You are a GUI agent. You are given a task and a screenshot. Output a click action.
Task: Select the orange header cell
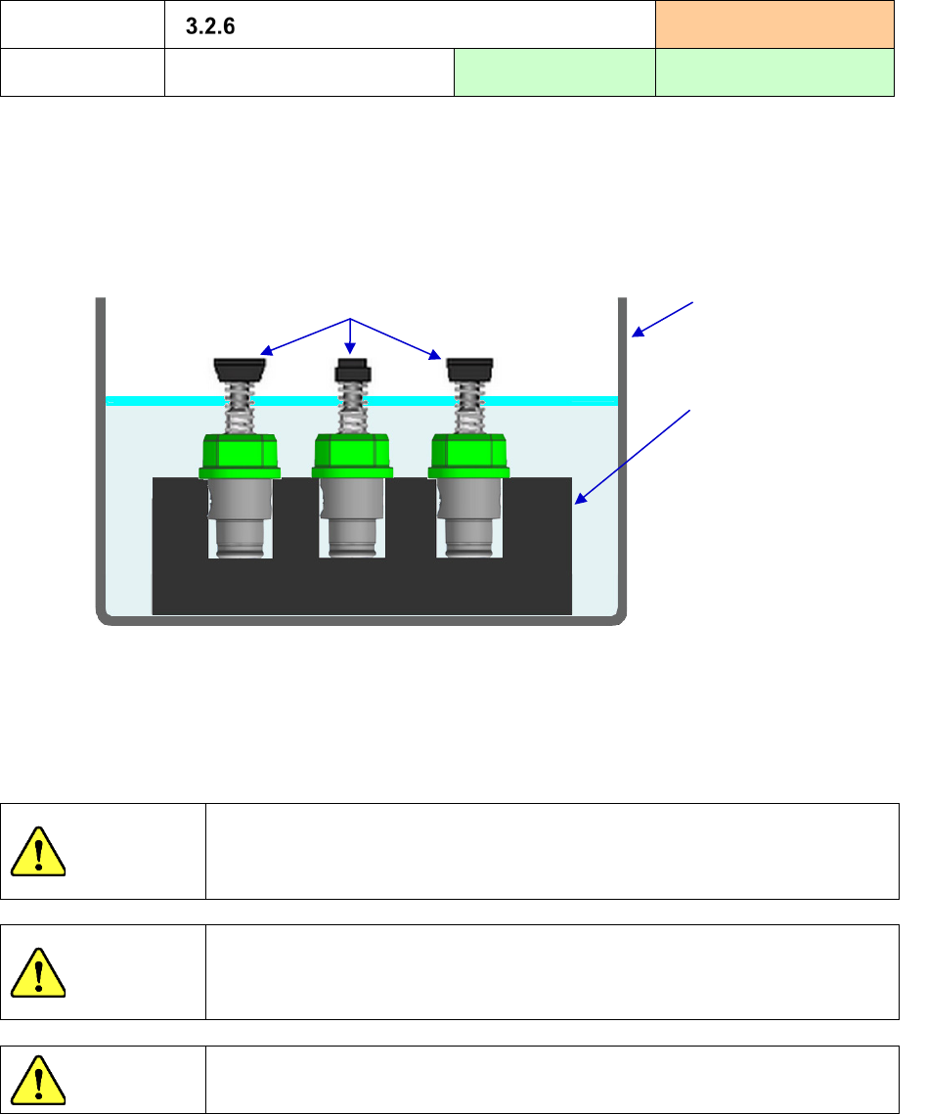pyautogui.click(x=774, y=23)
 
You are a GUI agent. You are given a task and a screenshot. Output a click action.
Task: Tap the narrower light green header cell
pyautogui.click(x=554, y=71)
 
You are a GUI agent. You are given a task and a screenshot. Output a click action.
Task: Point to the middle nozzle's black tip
pyautogui.click(x=351, y=372)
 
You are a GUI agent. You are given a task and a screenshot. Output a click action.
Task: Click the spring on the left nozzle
pyautogui.click(x=240, y=408)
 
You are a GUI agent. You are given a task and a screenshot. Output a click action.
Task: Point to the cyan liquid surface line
pyautogui.click(x=548, y=401)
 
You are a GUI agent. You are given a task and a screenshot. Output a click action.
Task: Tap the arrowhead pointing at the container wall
pyautogui.click(x=638, y=334)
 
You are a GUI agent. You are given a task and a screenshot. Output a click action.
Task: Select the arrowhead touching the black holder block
pyautogui.click(x=578, y=500)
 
